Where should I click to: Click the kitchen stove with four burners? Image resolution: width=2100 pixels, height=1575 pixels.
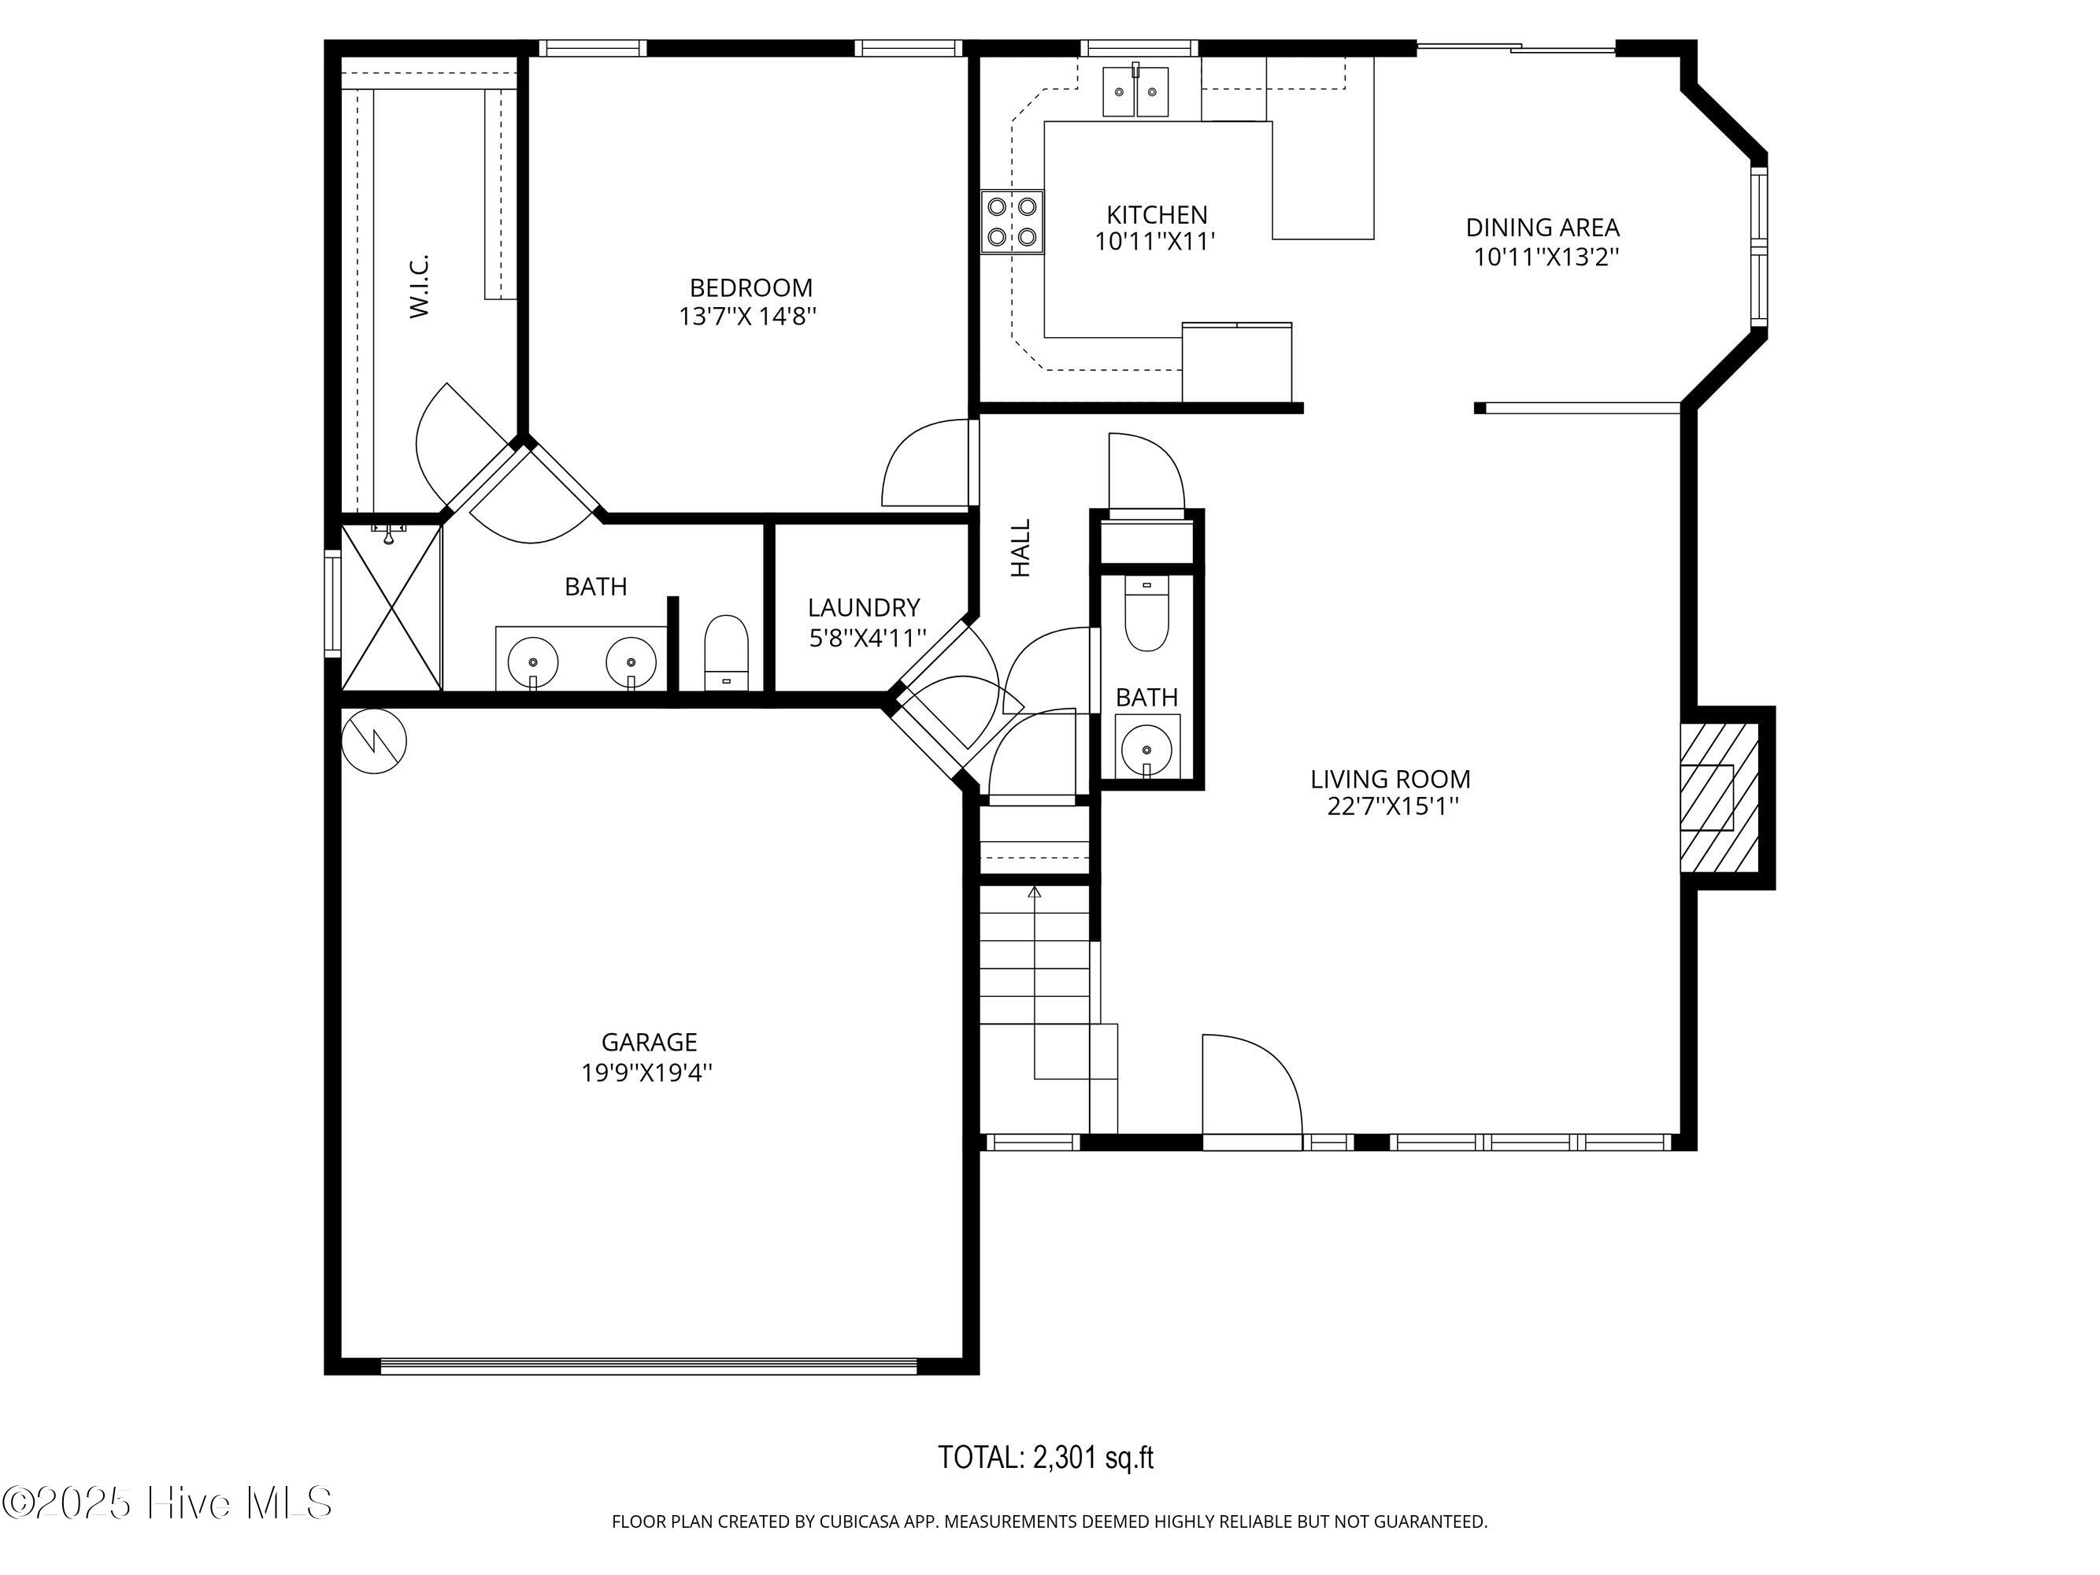[1012, 221]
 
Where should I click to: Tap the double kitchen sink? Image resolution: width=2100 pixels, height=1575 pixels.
[1135, 91]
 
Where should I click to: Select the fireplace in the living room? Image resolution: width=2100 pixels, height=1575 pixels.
[1720, 798]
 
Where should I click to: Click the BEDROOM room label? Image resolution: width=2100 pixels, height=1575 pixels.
[751, 287]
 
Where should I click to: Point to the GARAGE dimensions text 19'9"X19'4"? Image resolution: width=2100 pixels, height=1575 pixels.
[647, 1073]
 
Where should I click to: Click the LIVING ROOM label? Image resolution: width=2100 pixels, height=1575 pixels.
[1391, 779]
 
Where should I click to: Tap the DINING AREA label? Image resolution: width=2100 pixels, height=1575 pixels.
[1543, 227]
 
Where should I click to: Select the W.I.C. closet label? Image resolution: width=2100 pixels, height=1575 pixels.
[420, 286]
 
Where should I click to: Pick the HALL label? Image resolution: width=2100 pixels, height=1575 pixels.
[1020, 548]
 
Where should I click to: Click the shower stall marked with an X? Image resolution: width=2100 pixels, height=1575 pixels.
[391, 608]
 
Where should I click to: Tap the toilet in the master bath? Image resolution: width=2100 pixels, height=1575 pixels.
[726, 652]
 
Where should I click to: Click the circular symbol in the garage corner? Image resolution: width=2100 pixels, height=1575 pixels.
[374, 740]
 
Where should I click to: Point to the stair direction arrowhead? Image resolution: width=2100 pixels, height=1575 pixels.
[1034, 891]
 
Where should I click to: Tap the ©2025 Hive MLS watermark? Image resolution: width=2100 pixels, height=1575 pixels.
[167, 1503]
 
